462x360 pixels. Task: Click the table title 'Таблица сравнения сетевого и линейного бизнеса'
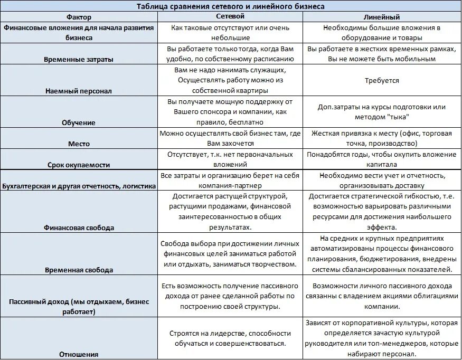click(x=231, y=6)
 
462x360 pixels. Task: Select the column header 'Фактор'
click(x=79, y=17)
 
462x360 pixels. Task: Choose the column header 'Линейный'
click(x=381, y=17)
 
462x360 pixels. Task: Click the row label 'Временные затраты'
click(x=79, y=59)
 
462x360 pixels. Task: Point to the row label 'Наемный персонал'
click(x=79, y=91)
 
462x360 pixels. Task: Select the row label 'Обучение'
click(x=79, y=122)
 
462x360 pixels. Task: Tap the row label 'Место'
click(x=79, y=144)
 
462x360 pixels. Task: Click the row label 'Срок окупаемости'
click(x=79, y=165)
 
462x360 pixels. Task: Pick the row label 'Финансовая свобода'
click(x=79, y=228)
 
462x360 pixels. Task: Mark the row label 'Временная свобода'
click(x=79, y=270)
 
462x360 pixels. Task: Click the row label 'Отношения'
click(x=79, y=354)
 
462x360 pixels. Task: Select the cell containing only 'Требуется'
click(x=381, y=81)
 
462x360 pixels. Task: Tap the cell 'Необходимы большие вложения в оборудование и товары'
click(x=381, y=33)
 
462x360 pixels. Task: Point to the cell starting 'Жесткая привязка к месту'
click(x=381, y=138)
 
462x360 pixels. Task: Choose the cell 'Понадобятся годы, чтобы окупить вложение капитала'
click(x=381, y=159)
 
